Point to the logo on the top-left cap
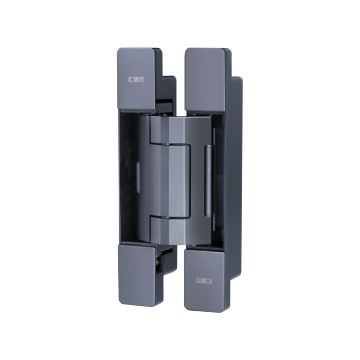pos(137,76)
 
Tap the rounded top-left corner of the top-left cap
pos(121,49)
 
